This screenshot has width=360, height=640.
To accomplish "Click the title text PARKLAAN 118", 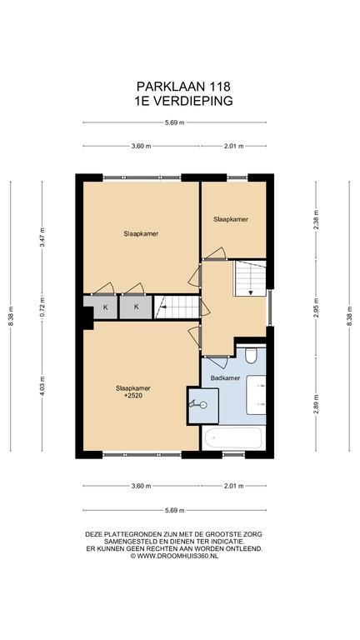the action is click(x=183, y=86).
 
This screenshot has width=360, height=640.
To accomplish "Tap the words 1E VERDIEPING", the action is click(x=183, y=101).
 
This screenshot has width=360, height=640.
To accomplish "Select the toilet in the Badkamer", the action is click(x=251, y=355).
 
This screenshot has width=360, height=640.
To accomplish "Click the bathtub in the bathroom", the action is click(x=232, y=438).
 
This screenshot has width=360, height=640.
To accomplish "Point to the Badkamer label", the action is click(x=225, y=378).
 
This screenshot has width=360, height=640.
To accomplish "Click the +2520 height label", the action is click(x=133, y=395).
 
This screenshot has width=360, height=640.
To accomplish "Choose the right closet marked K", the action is click(x=137, y=307).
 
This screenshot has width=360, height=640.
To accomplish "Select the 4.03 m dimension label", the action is click(x=42, y=386).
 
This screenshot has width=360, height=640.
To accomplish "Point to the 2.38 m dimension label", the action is click(x=316, y=220).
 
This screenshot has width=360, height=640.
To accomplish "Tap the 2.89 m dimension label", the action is click(x=316, y=403).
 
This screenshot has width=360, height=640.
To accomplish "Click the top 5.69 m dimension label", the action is click(x=175, y=122).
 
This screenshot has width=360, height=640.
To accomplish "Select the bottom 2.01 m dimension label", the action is click(x=233, y=486).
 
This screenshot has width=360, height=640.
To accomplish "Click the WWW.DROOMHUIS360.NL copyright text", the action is click(x=175, y=556).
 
